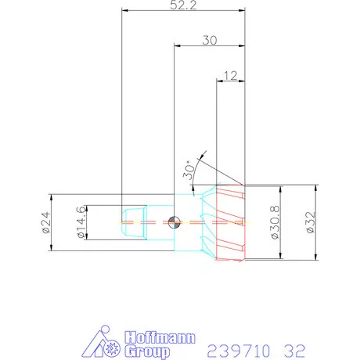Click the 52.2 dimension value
[x=184, y=5]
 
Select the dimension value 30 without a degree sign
[x=209, y=40]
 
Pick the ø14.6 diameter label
[x=79, y=222]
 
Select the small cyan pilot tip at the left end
[x=133, y=222]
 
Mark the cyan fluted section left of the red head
[x=206, y=222]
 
